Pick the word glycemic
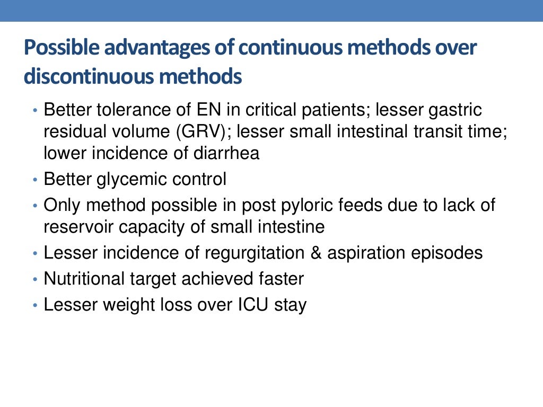[133, 180]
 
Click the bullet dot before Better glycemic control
[35, 180]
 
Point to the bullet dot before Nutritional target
[35, 279]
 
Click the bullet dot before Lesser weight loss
[35, 305]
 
